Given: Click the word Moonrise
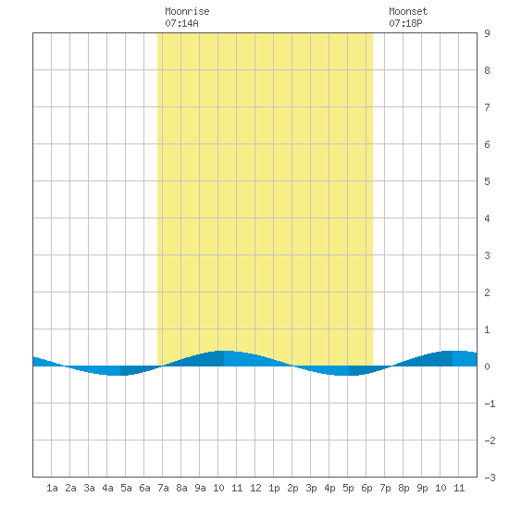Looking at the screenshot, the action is [x=187, y=11].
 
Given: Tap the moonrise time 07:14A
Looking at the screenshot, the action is [x=181, y=23].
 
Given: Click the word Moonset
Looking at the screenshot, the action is [x=408, y=11].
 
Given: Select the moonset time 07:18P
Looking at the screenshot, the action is [x=405, y=23].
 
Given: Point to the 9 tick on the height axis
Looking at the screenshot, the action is [x=487, y=33].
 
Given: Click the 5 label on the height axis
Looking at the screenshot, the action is [x=487, y=181].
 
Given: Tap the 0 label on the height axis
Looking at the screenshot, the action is [x=487, y=366].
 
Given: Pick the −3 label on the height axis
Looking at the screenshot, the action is [x=490, y=478].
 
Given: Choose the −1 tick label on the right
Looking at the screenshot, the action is [x=490, y=403].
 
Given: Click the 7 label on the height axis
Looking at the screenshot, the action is [x=487, y=107].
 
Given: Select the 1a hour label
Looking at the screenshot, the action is [x=52, y=488].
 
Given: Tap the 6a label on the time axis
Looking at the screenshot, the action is [x=144, y=488].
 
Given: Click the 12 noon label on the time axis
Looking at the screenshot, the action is [x=255, y=488].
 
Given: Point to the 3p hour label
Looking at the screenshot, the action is [x=311, y=488].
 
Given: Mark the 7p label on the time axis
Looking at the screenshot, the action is [x=385, y=488].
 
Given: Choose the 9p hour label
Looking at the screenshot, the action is [x=422, y=488].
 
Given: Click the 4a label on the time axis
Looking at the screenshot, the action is [x=107, y=488].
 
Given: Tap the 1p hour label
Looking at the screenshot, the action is [x=274, y=488].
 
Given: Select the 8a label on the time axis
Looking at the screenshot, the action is [x=181, y=488].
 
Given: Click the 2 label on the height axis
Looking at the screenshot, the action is [x=487, y=292].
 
